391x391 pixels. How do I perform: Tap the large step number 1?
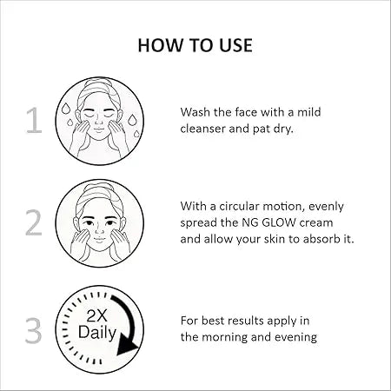click(x=34, y=121)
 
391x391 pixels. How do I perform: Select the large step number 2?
click(x=34, y=222)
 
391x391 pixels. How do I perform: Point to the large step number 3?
click(x=34, y=331)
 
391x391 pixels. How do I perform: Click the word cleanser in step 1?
click(x=202, y=129)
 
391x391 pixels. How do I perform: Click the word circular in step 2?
click(x=239, y=206)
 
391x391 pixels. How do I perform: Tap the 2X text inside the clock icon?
click(x=96, y=315)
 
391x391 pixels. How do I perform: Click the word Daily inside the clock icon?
click(x=97, y=333)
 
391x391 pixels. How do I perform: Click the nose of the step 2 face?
click(x=99, y=230)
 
